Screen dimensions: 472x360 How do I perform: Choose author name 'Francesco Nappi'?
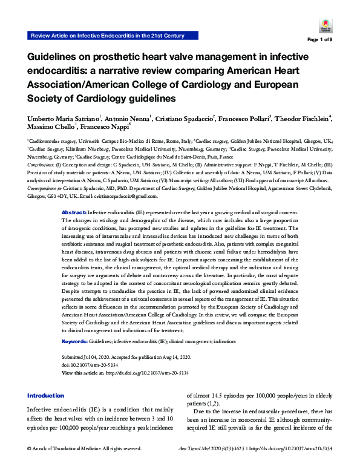(x=101, y=127)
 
